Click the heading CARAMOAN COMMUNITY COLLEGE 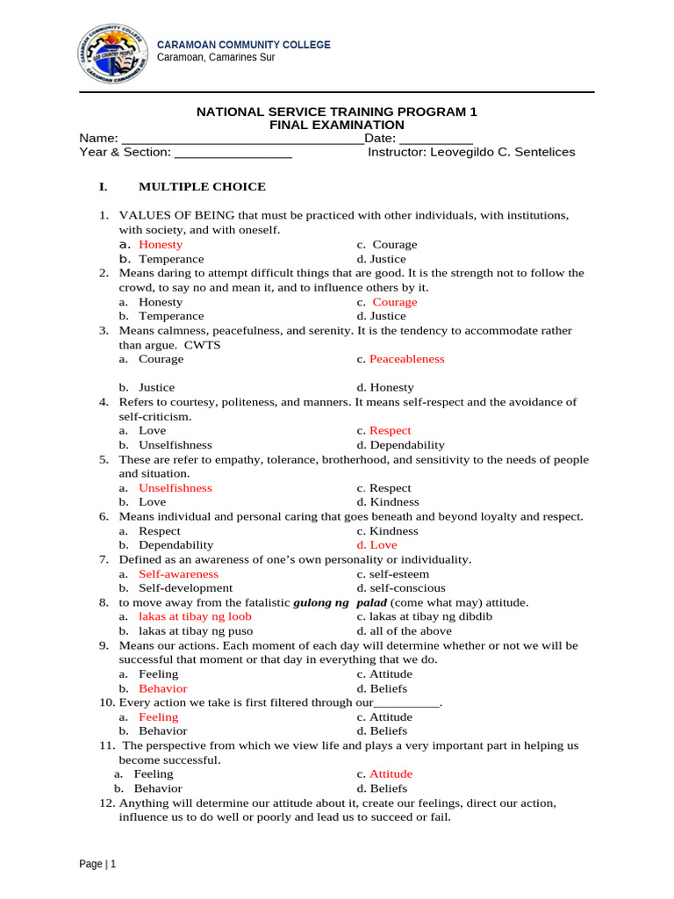pyautogui.click(x=243, y=45)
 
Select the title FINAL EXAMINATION pyautogui.click(x=336, y=125)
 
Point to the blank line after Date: pyautogui.click(x=436, y=139)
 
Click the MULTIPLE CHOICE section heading pyautogui.click(x=202, y=187)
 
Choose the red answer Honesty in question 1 pyautogui.click(x=161, y=245)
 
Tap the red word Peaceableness pyautogui.click(x=406, y=359)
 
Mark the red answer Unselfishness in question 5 pyautogui.click(x=176, y=488)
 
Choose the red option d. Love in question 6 pyautogui.click(x=376, y=545)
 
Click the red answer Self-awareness pyautogui.click(x=178, y=573)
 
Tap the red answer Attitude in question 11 pyautogui.click(x=391, y=774)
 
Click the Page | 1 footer pyautogui.click(x=97, y=864)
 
